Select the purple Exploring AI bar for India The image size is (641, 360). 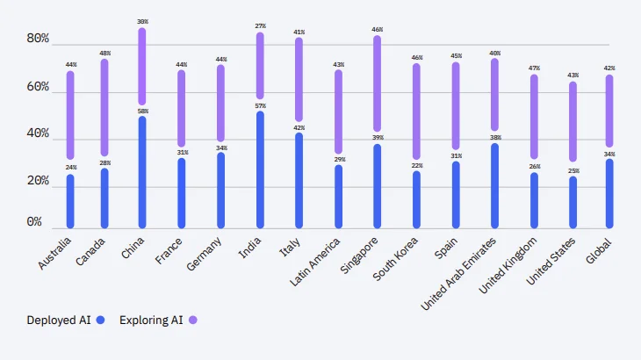tap(260, 66)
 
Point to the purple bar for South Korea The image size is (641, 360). tap(416, 111)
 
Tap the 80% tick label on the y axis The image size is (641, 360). tap(38, 40)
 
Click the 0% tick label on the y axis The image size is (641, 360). tap(34, 223)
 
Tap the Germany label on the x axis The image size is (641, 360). tap(204, 254)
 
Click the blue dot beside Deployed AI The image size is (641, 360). tap(101, 320)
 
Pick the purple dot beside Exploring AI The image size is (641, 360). tap(193, 320)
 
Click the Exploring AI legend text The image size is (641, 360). tap(151, 320)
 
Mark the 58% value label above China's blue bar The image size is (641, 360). tap(142, 111)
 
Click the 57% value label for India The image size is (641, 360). tap(260, 106)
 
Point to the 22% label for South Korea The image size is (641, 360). tap(416, 166)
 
